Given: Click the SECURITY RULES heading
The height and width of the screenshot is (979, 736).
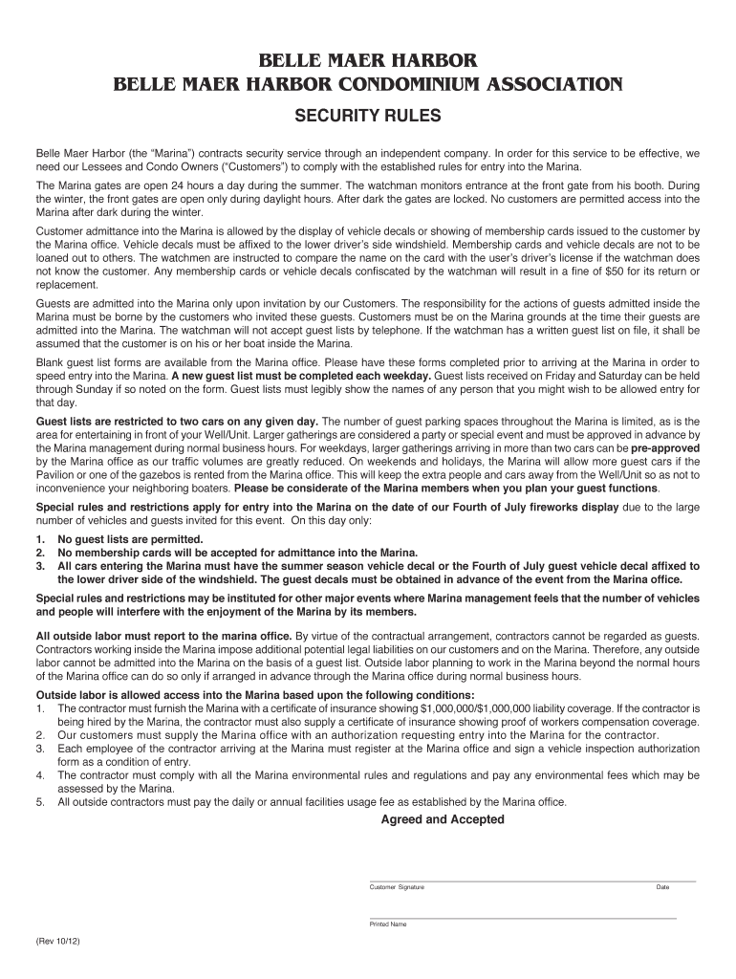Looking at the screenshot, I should (367, 116).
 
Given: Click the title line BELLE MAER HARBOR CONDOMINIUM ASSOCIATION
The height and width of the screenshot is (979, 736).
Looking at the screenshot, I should (367, 85).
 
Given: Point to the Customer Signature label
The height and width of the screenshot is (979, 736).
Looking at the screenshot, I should (397, 887).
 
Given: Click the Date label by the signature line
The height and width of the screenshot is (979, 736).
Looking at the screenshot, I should (662, 887).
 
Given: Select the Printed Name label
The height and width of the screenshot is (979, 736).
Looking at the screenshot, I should (388, 925).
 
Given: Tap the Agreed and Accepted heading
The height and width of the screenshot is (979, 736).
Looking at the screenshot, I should (443, 819).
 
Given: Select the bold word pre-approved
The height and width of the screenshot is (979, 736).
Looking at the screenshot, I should (664, 447).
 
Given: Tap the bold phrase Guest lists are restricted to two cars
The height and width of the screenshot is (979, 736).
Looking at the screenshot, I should (178, 421).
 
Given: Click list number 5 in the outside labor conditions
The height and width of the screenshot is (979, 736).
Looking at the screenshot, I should (40, 802).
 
